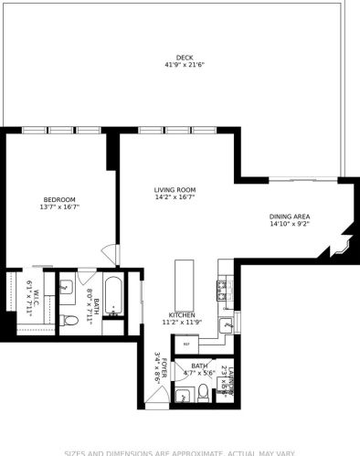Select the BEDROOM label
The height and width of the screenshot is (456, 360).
[59, 199]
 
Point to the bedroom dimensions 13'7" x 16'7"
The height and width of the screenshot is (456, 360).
[59, 207]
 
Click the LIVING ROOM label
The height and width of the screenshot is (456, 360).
[175, 189]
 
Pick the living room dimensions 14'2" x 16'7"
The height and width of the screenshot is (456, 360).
[175, 197]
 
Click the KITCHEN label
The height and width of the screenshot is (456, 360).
[182, 314]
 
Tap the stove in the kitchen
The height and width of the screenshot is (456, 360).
[221, 290]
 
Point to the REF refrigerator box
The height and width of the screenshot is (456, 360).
[186, 344]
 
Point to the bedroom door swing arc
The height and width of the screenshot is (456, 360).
[110, 254]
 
